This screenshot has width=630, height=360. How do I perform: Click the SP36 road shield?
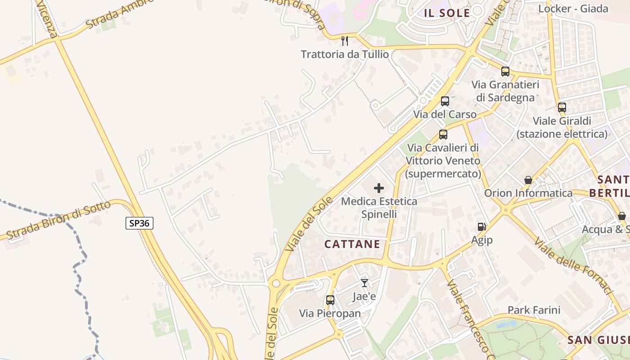pyautogui.click(x=139, y=223)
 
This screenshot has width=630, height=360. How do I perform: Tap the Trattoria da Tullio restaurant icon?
pyautogui.click(x=345, y=41)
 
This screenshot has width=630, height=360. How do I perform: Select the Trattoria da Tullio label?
pyautogui.click(x=345, y=54)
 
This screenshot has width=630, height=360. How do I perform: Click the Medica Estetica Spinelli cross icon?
pyautogui.click(x=379, y=188)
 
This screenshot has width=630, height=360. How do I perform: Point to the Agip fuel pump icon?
pyautogui.click(x=482, y=227)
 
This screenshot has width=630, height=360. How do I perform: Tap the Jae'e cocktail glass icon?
pyautogui.click(x=364, y=283)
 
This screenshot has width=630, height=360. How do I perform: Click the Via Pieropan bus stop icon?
pyautogui.click(x=330, y=300)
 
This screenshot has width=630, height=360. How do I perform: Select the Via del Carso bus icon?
pyautogui.click(x=445, y=101)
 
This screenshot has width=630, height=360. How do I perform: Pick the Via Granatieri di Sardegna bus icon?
pyautogui.click(x=505, y=72)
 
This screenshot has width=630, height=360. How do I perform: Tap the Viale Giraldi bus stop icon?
pyautogui.click(x=562, y=108)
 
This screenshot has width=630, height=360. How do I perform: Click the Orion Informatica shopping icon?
pyautogui.click(x=528, y=180)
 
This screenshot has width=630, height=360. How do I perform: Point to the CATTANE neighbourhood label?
pyautogui.click(x=352, y=244)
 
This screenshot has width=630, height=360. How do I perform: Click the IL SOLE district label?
pyautogui.click(x=447, y=13)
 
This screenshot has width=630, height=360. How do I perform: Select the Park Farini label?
pyautogui.click(x=534, y=310)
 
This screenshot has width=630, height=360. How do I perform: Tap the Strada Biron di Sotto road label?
pyautogui.click(x=58, y=220)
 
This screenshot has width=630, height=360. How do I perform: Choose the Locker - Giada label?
pyautogui.click(x=573, y=9)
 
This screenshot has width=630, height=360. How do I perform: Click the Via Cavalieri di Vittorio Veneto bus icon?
pyautogui.click(x=443, y=134)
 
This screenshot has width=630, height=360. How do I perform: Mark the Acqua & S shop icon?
pyautogui.click(x=621, y=216)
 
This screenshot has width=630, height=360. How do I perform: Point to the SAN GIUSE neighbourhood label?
pyautogui.click(x=598, y=340)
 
